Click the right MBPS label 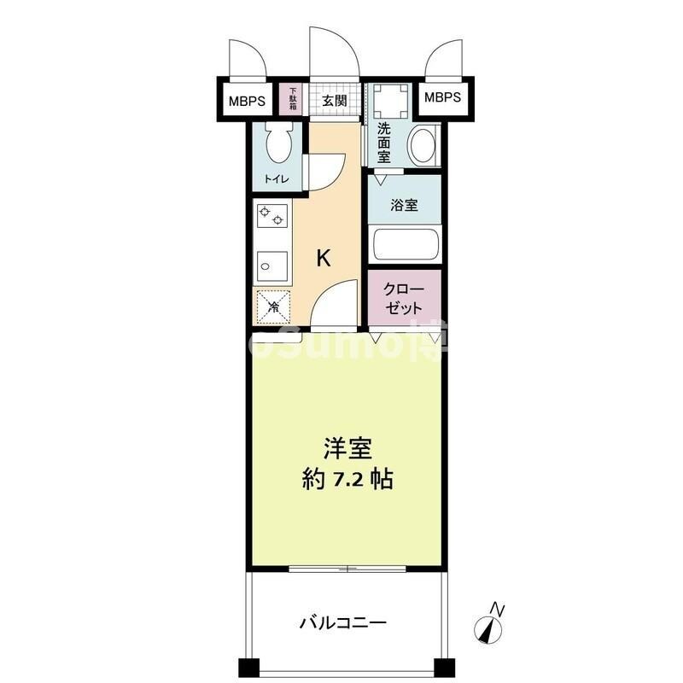click(442, 97)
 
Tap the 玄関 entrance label click(334, 101)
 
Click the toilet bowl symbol click(278, 143)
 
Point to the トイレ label click(276, 179)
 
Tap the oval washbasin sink click(423, 144)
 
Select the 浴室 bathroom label click(404, 206)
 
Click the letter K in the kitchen click(324, 259)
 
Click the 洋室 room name click(347, 449)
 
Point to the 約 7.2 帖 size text click(347, 479)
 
